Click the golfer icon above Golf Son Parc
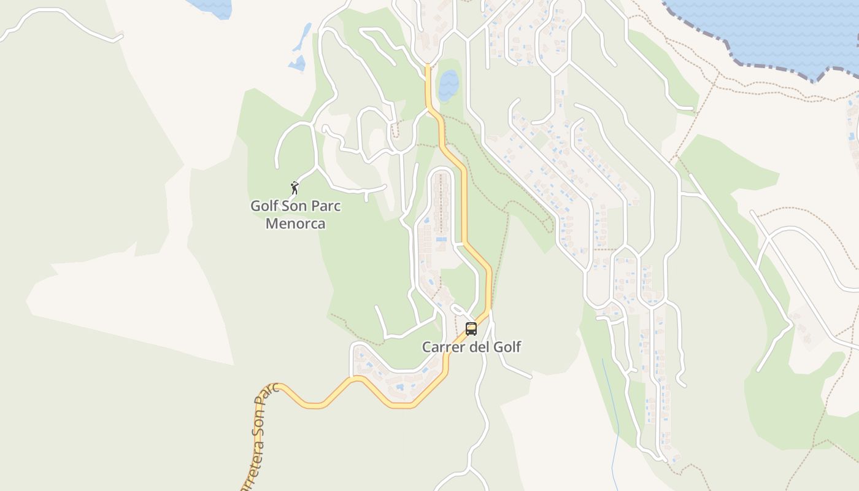point(295,187)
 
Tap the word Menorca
point(295,223)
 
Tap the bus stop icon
point(471,329)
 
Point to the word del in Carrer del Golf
point(480,347)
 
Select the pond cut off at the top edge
point(212,7)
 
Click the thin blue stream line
point(611,417)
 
